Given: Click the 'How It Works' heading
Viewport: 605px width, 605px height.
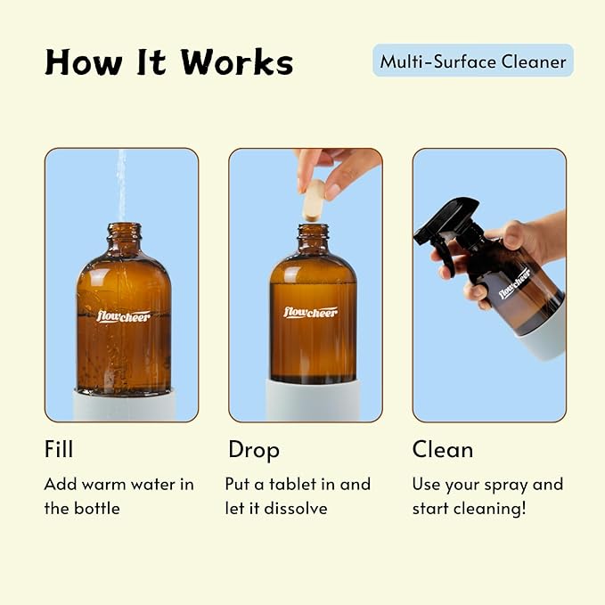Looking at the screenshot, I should point(168,62).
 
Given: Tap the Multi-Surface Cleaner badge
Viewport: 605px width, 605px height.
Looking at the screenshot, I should point(473,61).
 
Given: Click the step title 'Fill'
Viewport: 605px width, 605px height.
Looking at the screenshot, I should point(59,449).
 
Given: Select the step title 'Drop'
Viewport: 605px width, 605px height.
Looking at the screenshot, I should point(254,449).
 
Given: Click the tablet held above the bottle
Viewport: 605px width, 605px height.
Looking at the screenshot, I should point(313,200).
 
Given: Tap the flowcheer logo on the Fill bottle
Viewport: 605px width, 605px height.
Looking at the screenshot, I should point(123,315).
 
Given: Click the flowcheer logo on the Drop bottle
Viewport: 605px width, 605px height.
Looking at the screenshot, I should point(311,312).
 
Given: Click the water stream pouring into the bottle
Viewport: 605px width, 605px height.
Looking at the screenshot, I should point(121,183).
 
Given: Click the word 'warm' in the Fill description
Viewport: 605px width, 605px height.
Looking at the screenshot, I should point(111,485).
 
